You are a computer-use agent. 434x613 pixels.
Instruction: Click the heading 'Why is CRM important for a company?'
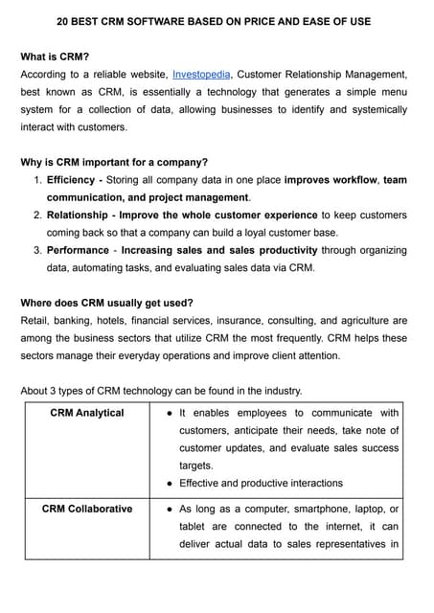coord(114,161)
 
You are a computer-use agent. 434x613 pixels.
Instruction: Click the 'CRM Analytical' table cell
coord(87,413)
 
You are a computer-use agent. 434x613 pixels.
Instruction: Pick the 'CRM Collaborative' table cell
coord(87,509)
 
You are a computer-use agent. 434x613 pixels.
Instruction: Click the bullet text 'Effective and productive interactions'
coord(261,484)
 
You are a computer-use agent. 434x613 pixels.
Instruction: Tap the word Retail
coord(36,321)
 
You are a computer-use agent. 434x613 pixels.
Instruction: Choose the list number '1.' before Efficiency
coord(37,179)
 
